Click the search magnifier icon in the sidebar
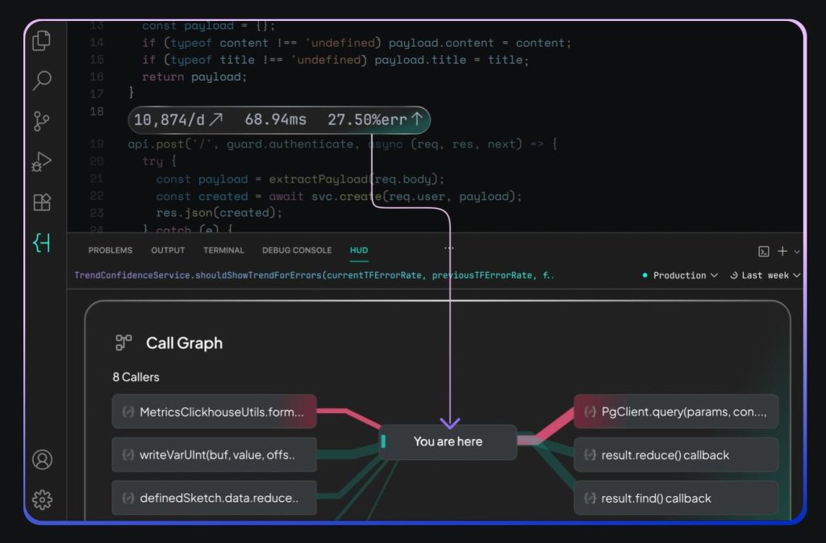coord(42,80)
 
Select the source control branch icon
coord(42,121)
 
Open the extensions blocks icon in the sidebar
coord(42,203)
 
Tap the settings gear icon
coord(42,500)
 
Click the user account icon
coord(42,460)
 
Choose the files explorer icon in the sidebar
coord(42,40)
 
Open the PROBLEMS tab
coord(111,250)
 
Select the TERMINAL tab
coord(223,250)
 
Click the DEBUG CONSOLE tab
coord(297,250)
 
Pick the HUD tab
coord(359,250)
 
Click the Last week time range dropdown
coord(765,275)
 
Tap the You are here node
coord(448,441)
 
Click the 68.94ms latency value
coord(276,120)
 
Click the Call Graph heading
coord(184,343)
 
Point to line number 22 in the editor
coord(97,195)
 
